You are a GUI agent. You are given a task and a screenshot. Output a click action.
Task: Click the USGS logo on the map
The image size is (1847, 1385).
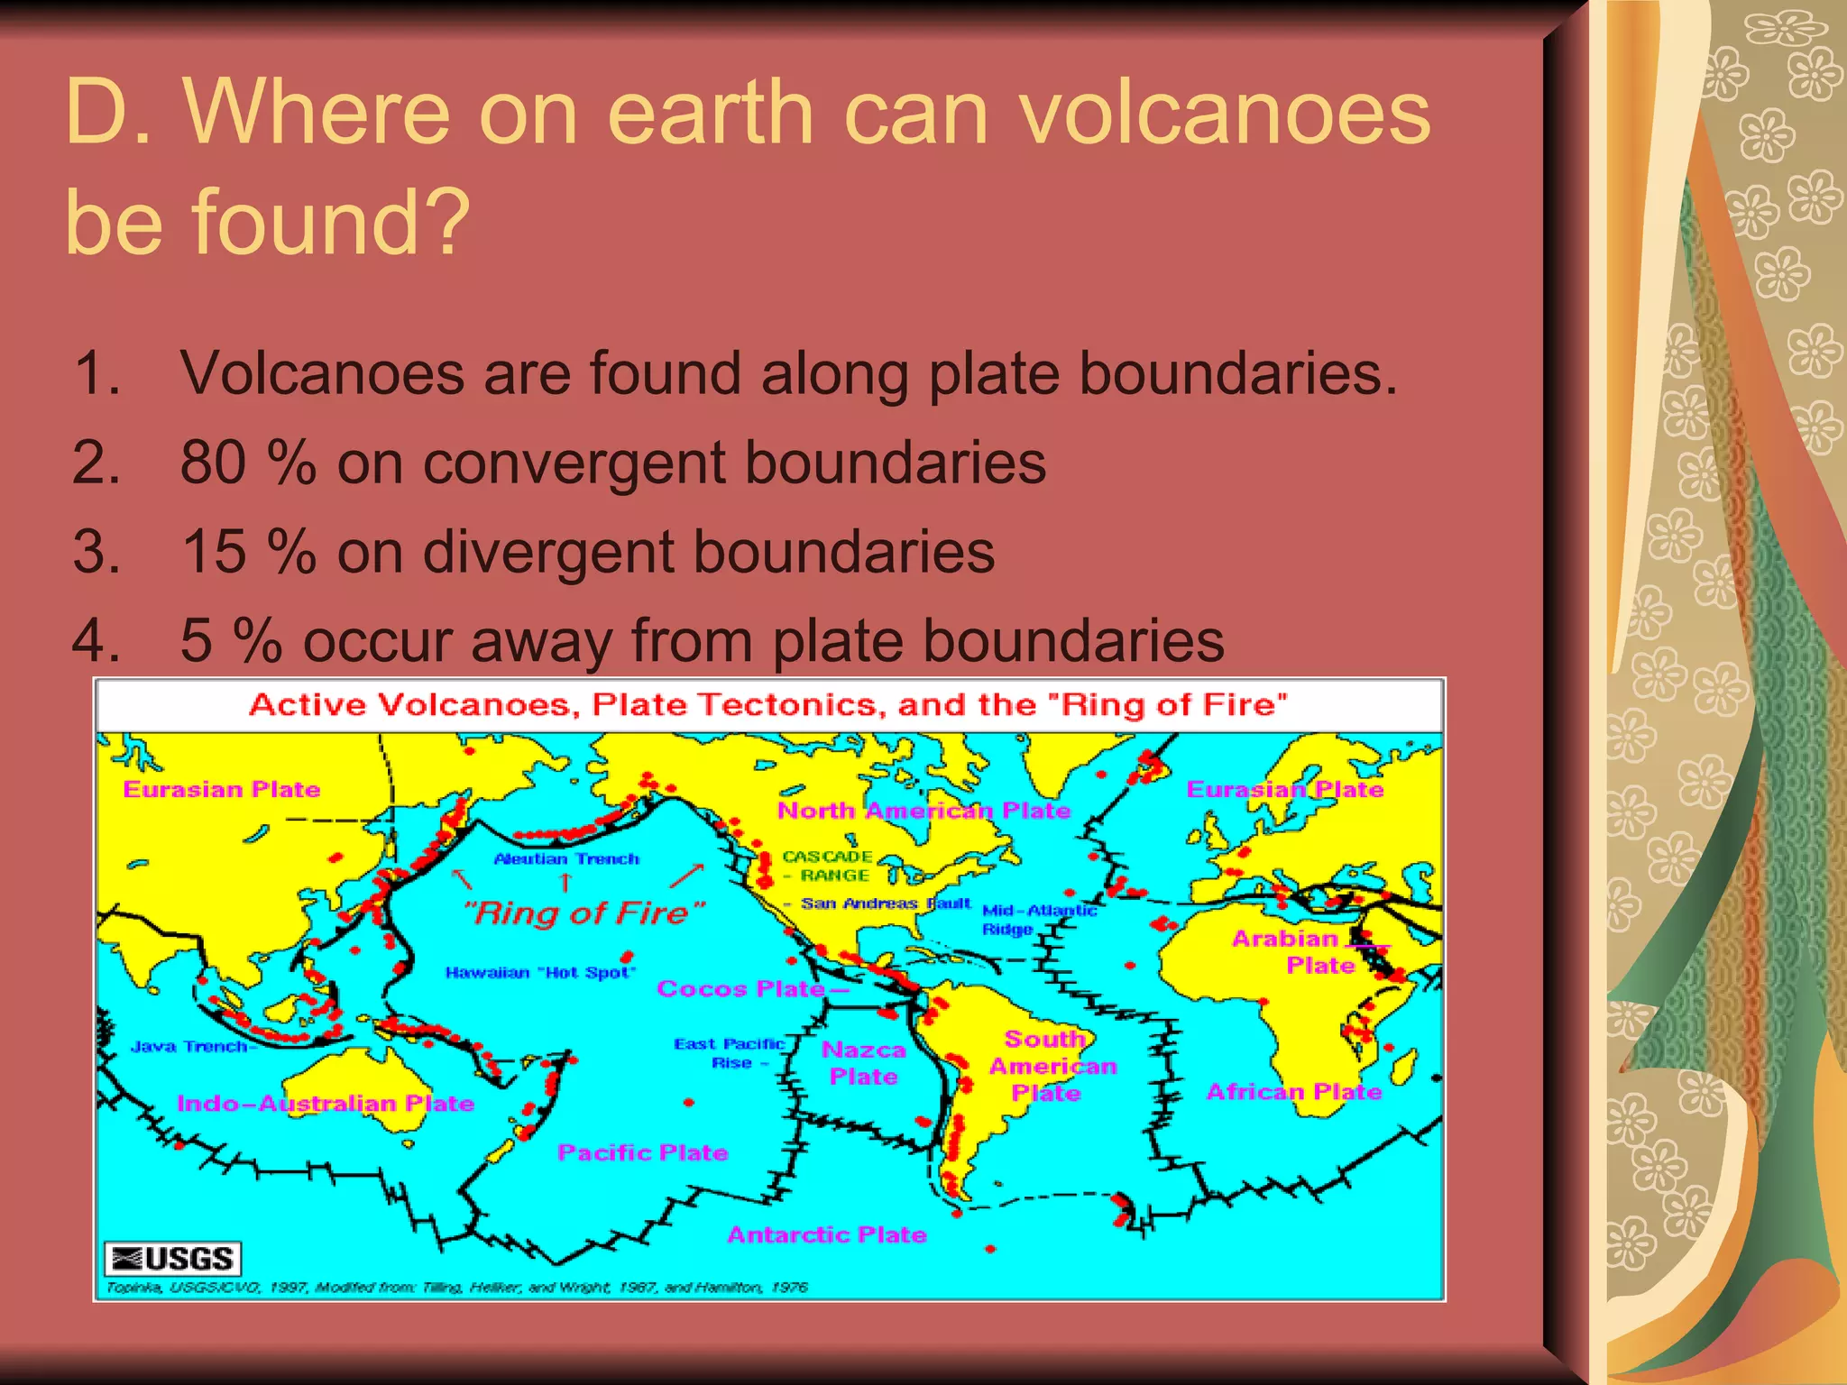173,1258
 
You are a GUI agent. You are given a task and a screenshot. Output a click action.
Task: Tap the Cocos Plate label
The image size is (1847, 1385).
740,989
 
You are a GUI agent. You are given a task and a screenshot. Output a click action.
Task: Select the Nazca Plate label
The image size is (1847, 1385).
863,1063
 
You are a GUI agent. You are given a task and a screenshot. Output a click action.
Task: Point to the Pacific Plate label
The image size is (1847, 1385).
642,1152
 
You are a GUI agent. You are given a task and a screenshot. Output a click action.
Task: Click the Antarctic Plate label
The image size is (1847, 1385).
827,1234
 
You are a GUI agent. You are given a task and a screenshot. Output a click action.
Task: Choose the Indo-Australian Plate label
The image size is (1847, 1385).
325,1103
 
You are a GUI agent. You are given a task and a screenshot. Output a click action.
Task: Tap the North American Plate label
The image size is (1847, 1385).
923,811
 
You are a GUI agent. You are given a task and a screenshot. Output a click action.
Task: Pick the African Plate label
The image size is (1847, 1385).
1293,1092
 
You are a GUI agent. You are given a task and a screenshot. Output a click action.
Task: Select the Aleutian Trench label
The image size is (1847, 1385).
566,859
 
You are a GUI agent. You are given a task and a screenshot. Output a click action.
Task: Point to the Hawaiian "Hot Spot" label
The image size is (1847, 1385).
540,972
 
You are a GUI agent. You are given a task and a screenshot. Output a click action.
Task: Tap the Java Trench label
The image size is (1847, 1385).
189,1047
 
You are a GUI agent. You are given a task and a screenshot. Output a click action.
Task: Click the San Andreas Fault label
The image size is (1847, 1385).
885,903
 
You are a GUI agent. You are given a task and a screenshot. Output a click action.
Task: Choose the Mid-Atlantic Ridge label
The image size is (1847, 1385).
1038,919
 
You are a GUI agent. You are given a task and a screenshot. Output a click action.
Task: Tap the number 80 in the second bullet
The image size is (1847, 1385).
214,463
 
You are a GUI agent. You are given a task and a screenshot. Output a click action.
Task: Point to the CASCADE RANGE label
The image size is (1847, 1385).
826,866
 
